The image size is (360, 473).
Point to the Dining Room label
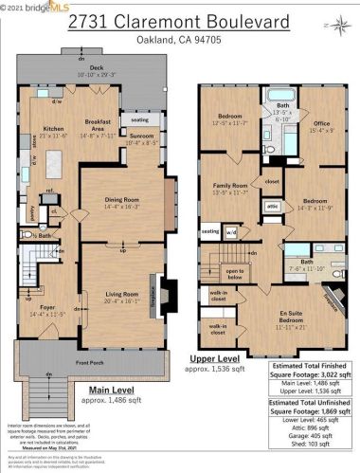point(124,200)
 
